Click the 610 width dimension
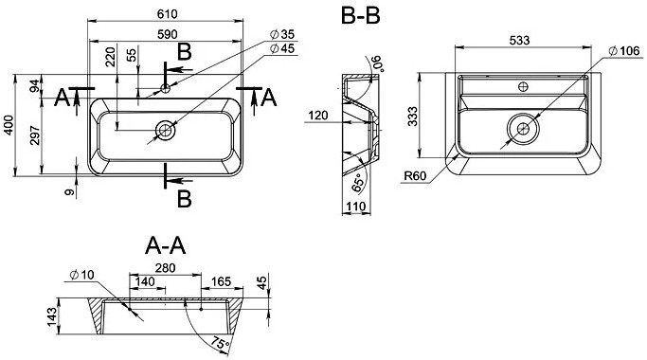coord(167,14)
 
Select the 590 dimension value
coord(167,34)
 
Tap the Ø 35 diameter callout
coord(282,34)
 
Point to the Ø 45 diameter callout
coord(282,48)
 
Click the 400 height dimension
coord(9,125)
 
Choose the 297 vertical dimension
coord(35,135)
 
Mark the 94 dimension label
coord(36,86)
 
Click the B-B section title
coord(361,16)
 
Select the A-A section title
coord(166,245)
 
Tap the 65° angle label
coord(358,183)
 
